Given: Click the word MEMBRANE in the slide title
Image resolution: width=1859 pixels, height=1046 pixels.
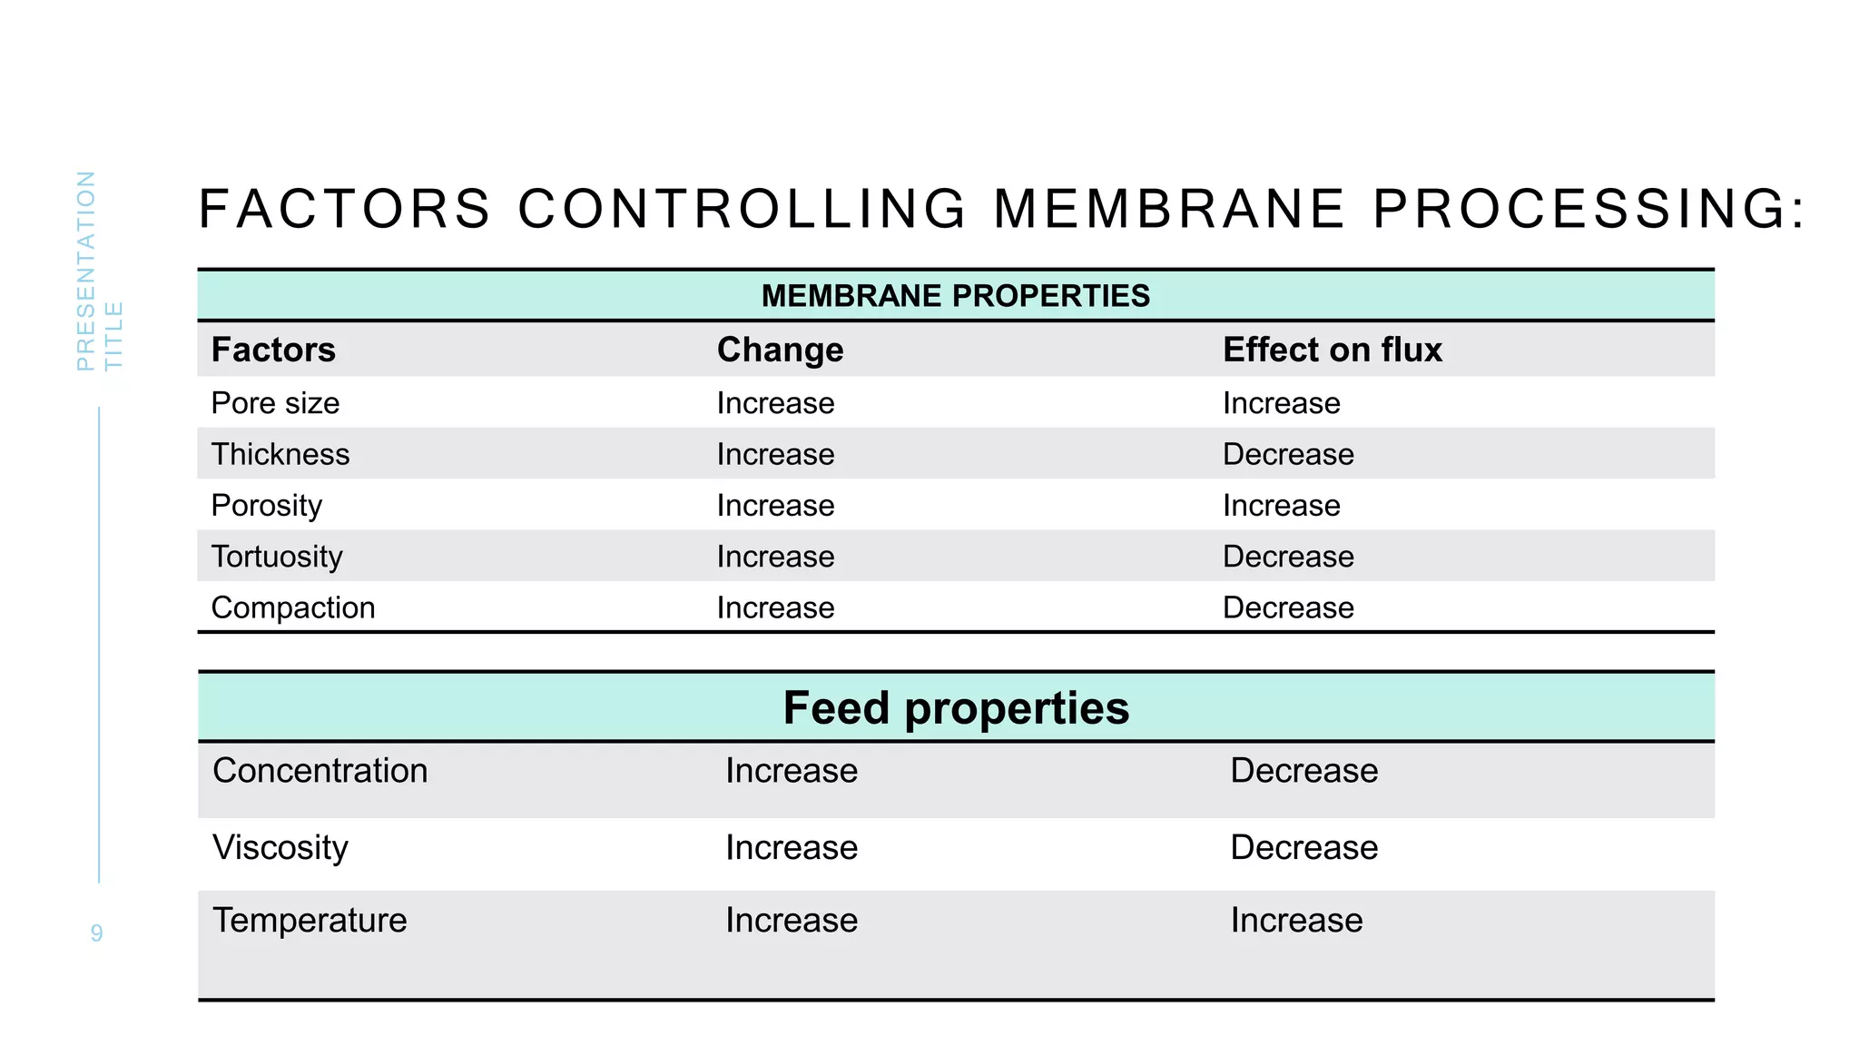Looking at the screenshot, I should coord(1169,209).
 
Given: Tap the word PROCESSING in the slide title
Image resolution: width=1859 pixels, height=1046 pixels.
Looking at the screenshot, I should coord(1589,209).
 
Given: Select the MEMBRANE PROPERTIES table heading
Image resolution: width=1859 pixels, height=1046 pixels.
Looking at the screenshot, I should coord(955,296).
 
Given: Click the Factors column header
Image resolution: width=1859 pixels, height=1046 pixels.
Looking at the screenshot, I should coord(273,350).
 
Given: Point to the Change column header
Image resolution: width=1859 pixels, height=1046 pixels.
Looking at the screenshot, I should coord(780,350).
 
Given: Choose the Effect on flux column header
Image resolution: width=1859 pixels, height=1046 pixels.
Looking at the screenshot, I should coord(1332,350).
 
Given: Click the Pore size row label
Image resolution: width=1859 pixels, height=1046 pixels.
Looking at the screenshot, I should coord(275,402).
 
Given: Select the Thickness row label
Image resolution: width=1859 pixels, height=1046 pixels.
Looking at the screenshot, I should coord(280,454).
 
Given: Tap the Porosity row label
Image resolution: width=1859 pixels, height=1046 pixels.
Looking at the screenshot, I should coord(266,505).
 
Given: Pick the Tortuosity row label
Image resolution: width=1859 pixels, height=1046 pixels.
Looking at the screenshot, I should coord(277,556).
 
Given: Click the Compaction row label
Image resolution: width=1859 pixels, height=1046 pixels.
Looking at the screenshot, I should coord(292,607).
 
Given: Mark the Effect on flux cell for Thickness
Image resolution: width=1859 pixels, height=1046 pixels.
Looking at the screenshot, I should coord(1288,454).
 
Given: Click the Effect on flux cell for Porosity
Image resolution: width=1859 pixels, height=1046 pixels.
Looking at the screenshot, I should coord(1281,505).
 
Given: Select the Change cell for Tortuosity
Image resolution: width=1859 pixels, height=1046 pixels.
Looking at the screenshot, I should coord(775,556).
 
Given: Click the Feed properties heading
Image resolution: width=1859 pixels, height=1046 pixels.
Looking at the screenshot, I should coord(956,707).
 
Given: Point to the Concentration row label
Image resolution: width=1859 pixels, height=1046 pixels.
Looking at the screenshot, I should coord(320,770).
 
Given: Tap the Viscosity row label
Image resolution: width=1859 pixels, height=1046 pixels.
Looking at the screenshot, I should coord(280,847).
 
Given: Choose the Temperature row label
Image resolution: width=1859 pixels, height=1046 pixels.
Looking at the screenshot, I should coord(310,920).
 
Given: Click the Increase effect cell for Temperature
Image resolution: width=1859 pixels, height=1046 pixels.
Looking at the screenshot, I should coord(1296,920).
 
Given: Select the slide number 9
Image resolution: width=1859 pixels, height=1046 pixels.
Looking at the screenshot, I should coord(96,933).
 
